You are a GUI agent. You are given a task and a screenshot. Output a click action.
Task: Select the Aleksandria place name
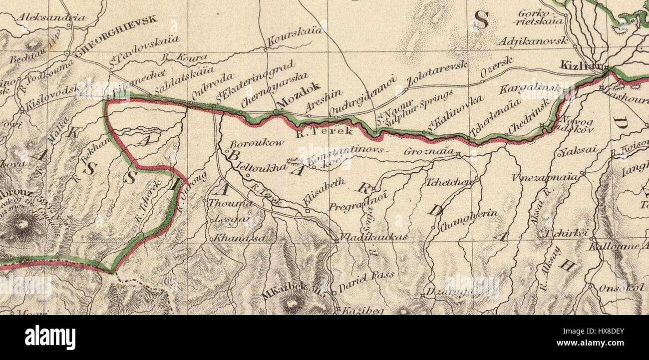pyautogui.click(x=50, y=18)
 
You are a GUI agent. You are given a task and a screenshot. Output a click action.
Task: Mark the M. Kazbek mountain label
pyautogui.click(x=294, y=294)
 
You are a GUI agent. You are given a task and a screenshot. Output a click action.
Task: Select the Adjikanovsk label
pyautogui.click(x=533, y=41)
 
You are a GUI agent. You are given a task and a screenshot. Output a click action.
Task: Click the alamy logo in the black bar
pyautogui.click(x=50, y=338)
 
